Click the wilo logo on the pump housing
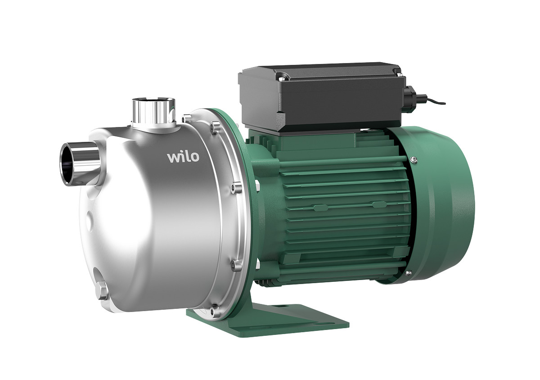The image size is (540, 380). pos(184,157)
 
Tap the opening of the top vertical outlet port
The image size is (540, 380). pos(153,100)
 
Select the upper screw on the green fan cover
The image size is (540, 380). pos(414,159)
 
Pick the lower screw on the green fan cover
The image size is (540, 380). pos(409,273)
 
